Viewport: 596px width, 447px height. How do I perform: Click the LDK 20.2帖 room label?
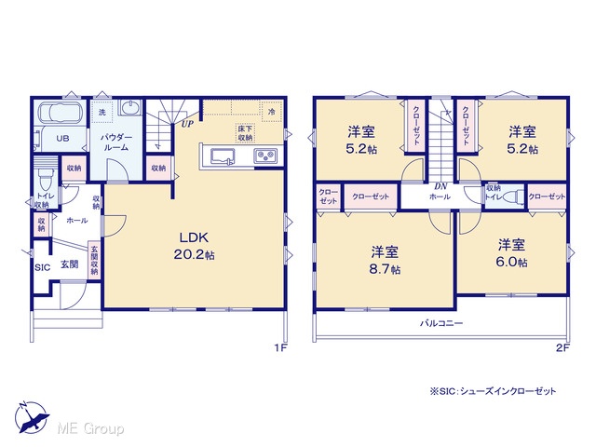click(x=195, y=246)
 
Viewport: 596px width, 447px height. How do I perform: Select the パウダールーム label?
click(x=116, y=142)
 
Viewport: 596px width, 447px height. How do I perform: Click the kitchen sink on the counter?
click(x=223, y=156)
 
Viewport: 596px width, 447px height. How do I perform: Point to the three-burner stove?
click(x=265, y=156)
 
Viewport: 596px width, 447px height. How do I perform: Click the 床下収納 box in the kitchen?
click(x=245, y=132)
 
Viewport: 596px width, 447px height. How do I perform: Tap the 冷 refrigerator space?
click(x=271, y=112)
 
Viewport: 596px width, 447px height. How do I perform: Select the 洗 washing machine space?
click(x=102, y=112)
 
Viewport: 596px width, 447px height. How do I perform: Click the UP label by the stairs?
click(x=187, y=124)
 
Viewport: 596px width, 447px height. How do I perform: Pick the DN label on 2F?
click(x=440, y=186)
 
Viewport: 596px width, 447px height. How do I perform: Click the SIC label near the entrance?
click(x=42, y=267)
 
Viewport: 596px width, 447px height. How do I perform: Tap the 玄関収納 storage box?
click(x=94, y=261)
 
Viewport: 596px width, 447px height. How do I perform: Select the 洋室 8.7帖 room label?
click(x=385, y=261)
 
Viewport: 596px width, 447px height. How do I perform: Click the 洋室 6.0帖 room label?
click(x=511, y=253)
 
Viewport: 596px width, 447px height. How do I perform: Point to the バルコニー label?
click(x=441, y=323)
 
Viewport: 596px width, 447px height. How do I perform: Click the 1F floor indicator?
click(x=280, y=347)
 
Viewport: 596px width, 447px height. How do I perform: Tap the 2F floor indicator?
click(x=562, y=347)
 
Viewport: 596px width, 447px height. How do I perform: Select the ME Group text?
click(x=90, y=428)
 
